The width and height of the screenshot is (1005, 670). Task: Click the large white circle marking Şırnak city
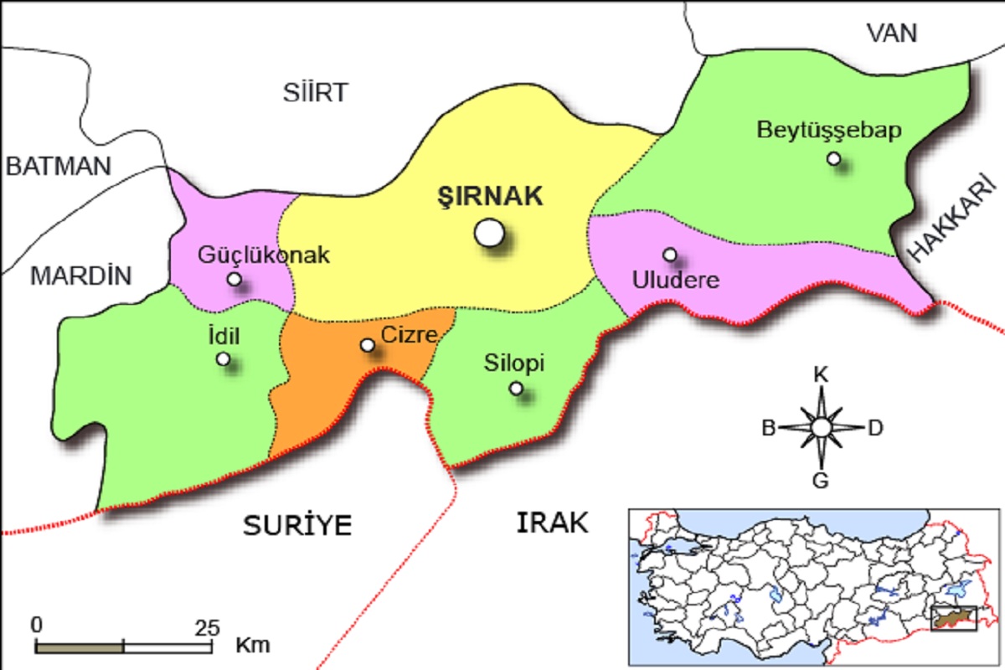point(489,233)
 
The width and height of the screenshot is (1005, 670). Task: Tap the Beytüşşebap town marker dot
point(833,158)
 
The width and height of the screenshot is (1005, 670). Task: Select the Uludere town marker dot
point(670,254)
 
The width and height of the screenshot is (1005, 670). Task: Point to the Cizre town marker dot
point(367,345)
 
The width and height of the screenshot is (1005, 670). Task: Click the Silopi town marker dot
point(516,388)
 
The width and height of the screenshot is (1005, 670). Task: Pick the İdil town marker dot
point(223,358)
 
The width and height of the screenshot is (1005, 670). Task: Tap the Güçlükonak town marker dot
point(234,279)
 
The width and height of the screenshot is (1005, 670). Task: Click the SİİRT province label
point(315,92)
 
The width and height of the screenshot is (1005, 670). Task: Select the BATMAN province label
point(58,166)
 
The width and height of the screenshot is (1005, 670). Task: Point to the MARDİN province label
point(81,276)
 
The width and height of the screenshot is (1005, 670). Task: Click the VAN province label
point(892,33)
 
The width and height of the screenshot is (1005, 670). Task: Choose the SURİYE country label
point(297,525)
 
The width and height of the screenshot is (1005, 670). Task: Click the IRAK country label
point(552,523)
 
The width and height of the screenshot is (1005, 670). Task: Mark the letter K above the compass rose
point(822,375)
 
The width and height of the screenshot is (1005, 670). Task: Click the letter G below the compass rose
point(821,480)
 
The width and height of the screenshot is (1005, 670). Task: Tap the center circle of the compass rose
point(821,427)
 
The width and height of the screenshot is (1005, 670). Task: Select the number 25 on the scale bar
point(207,626)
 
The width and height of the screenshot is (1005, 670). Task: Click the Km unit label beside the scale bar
point(253,646)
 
